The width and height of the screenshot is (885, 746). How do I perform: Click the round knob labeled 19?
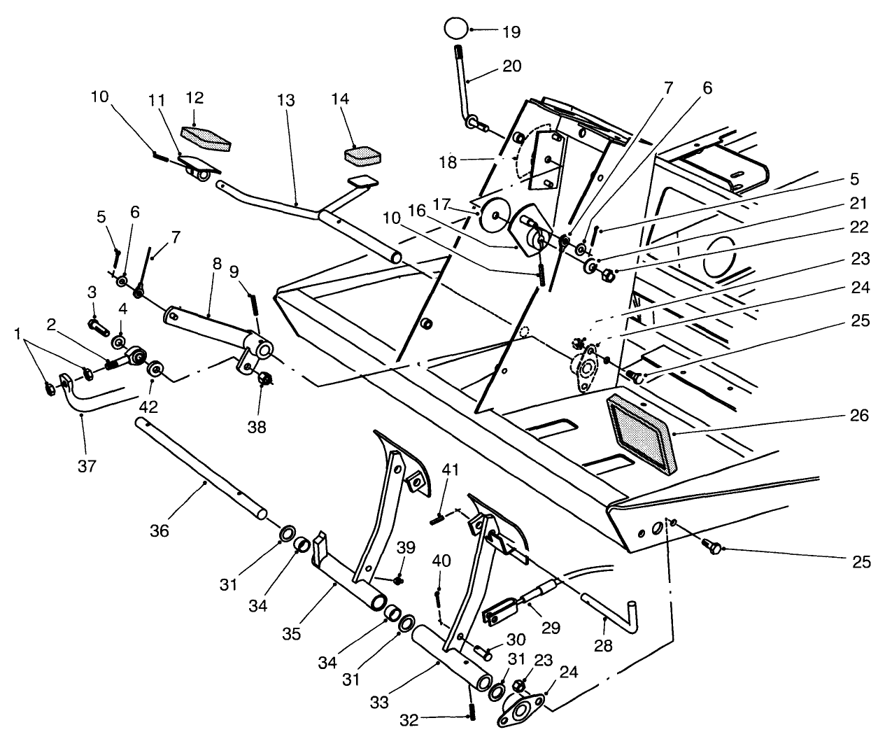[455, 29]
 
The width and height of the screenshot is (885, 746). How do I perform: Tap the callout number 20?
[511, 66]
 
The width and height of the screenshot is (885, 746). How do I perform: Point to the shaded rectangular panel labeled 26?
[641, 434]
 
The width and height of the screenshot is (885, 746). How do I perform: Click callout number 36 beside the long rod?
[160, 531]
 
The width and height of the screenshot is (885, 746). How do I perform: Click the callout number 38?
[257, 427]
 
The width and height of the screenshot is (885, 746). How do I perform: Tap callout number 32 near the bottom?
[409, 719]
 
